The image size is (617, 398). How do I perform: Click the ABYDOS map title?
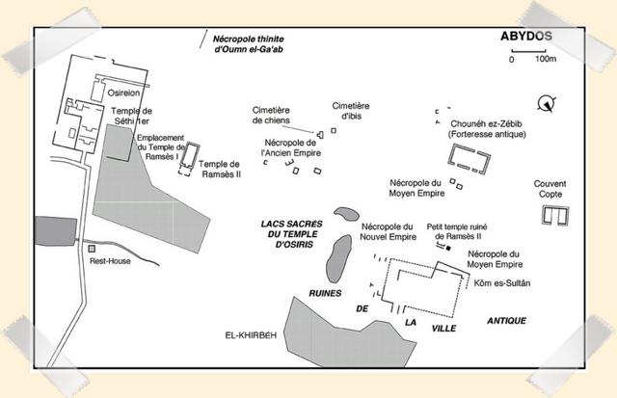[x=526, y=37]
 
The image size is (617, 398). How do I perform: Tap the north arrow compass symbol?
[x=547, y=103]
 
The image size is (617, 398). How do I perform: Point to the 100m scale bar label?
[x=546, y=59]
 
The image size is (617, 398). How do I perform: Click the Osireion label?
[x=123, y=93]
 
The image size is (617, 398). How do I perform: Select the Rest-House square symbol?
[x=92, y=249]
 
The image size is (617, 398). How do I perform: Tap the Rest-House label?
[x=110, y=261]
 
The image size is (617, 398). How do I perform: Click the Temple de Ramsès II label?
[x=221, y=169]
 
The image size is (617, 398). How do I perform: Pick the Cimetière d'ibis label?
[x=351, y=111]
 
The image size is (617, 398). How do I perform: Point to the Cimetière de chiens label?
[x=271, y=116]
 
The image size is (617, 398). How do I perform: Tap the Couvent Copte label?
[x=550, y=189]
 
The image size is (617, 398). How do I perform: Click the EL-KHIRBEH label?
[x=251, y=335]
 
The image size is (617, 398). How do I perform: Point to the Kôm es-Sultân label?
[x=501, y=283]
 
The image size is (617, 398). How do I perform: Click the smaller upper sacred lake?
[x=346, y=214]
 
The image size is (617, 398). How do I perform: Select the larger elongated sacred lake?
[x=338, y=259]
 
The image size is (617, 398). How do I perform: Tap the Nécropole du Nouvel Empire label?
[x=388, y=232]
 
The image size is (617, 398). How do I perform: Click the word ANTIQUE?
[x=506, y=321]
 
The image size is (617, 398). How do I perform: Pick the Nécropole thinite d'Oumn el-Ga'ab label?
[x=249, y=44]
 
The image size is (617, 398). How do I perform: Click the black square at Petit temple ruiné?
[x=447, y=249]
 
